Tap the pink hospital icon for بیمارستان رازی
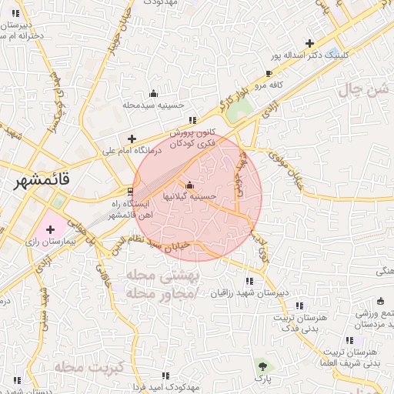(51, 229)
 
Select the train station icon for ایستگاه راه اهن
(130, 191)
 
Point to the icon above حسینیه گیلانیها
(190, 185)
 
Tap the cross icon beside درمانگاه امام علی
(132, 139)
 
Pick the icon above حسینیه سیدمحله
(152, 93)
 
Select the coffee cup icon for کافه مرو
(269, 74)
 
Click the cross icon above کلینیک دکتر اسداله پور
(309, 43)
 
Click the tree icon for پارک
(262, 365)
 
